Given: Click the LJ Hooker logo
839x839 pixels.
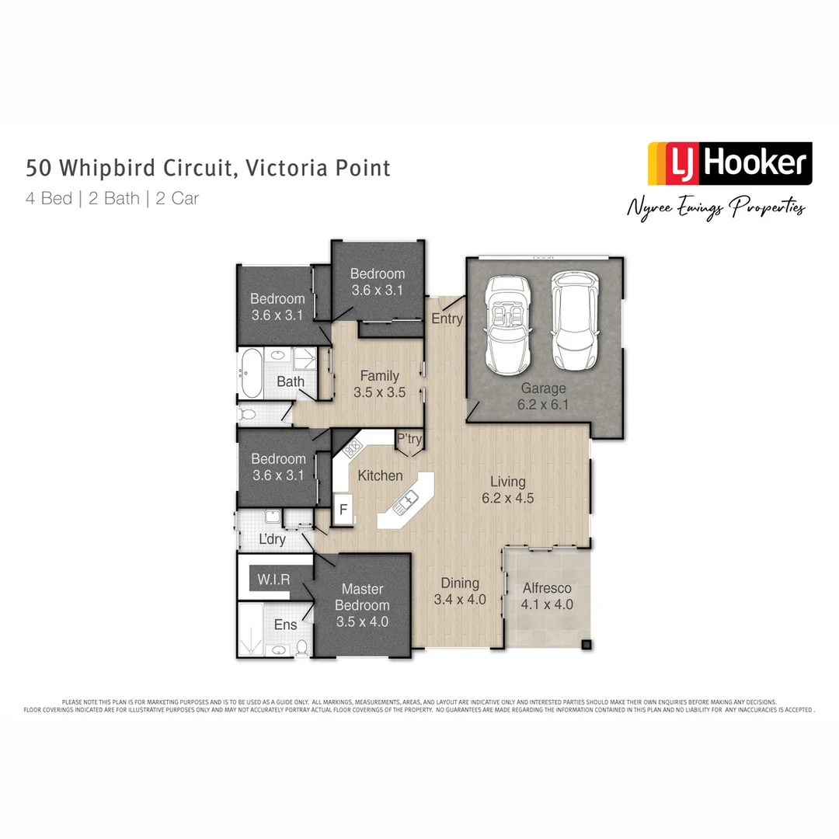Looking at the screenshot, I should click(x=729, y=163).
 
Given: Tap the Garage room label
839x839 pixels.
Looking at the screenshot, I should click(x=543, y=388).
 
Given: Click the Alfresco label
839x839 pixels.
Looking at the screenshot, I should click(x=547, y=588).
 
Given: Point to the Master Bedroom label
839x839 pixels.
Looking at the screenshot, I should click(x=362, y=597).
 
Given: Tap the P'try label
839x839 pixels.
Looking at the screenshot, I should click(x=409, y=440).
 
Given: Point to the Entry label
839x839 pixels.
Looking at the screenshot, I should click(x=447, y=319).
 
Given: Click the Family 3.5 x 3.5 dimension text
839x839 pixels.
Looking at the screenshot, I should click(x=379, y=392).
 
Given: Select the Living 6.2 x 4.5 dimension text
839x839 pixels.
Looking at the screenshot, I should click(x=507, y=499).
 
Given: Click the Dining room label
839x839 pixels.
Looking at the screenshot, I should click(x=460, y=583).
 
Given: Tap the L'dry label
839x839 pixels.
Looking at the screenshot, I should click(x=272, y=539).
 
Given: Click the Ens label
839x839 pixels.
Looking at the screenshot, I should click(x=285, y=625).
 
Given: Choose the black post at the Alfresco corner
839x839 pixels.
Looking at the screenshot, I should click(x=587, y=643).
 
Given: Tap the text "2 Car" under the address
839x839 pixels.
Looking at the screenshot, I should click(x=177, y=198).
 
